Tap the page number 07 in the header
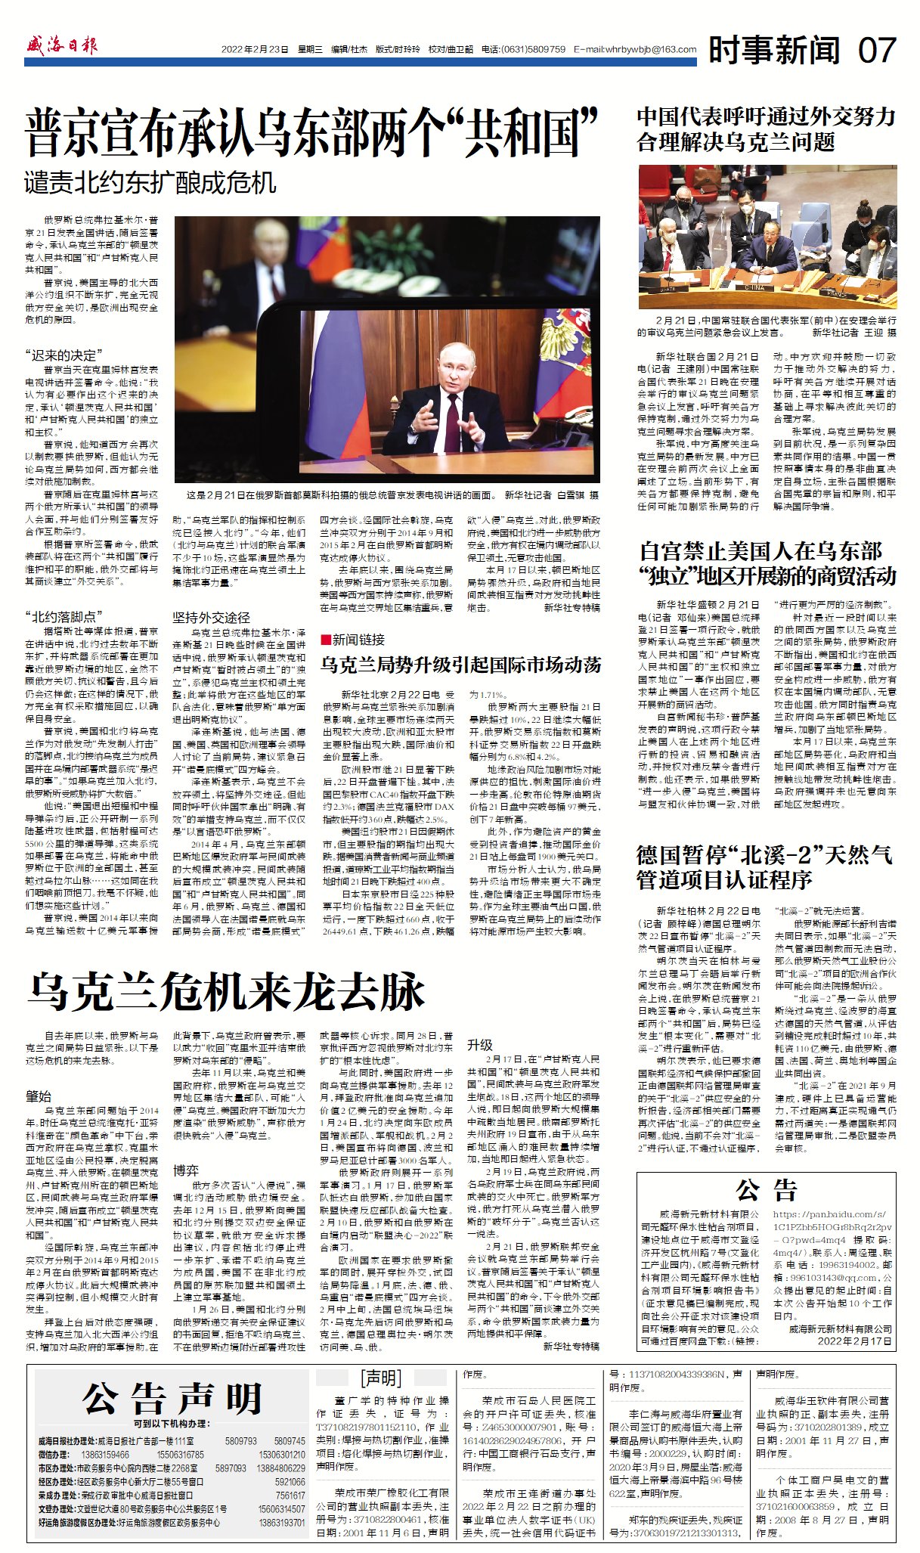tap(876, 51)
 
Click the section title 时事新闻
tap(774, 51)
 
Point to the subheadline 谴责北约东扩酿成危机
tap(150, 183)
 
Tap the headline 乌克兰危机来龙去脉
tap(226, 991)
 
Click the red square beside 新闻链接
tap(325, 639)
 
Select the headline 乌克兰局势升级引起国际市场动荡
tap(460, 665)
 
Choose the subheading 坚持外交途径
tap(211, 617)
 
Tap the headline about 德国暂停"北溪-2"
tap(764, 866)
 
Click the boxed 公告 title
tap(766, 1190)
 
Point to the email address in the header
tap(635, 50)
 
